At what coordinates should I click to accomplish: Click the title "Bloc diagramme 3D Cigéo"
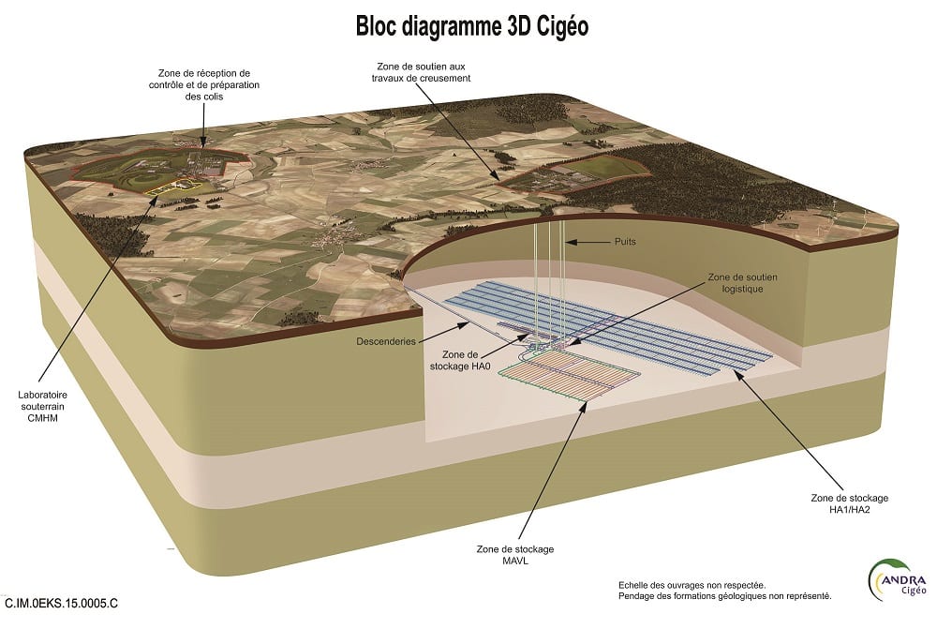(x=472, y=25)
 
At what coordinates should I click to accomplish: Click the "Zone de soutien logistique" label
(x=743, y=283)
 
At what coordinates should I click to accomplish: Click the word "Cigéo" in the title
(x=559, y=25)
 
